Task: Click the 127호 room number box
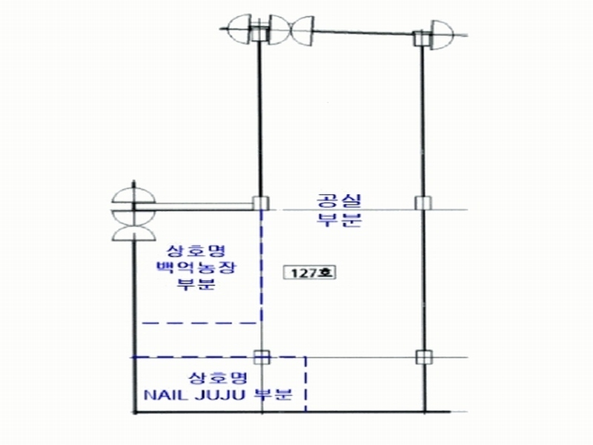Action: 310,272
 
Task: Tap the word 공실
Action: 339,201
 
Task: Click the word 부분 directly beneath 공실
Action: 339,220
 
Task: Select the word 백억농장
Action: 196,268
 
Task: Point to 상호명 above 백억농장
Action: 196,251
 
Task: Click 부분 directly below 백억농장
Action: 196,284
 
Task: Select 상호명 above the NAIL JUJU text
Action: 218,378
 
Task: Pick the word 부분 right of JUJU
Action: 273,395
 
